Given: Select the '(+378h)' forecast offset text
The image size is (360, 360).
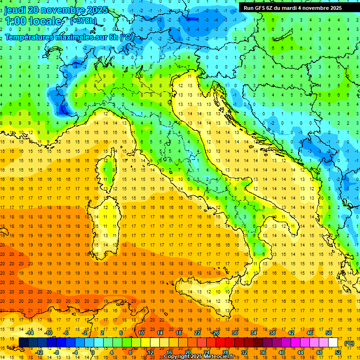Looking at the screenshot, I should pyautogui.click(x=83, y=21).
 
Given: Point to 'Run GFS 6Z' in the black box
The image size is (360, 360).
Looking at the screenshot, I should pyautogui.click(x=259, y=8).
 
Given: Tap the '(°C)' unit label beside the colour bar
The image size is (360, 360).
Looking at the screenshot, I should pyautogui.click(x=349, y=343).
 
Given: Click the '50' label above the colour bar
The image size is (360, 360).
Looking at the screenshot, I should pyautogui.click(x=329, y=333).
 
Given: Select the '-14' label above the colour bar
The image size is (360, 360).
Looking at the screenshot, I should pyautogui.click(x=30, y=333).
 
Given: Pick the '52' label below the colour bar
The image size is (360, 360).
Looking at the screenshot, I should pyautogui.click(x=338, y=352).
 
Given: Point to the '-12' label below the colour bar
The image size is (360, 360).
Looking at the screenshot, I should pyautogui.click(x=39, y=352).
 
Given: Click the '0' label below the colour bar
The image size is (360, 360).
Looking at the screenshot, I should pyautogui.click(x=93, y=352).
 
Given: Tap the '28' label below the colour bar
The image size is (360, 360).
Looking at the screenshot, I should pyautogui.click(x=225, y=352).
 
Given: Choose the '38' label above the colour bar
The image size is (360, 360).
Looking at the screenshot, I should pyautogui.click(x=272, y=333).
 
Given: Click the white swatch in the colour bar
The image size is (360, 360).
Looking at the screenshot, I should pyautogui.click(x=333, y=343).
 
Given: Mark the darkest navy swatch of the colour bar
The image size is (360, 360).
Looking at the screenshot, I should pyautogui.click(x=24, y=343).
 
